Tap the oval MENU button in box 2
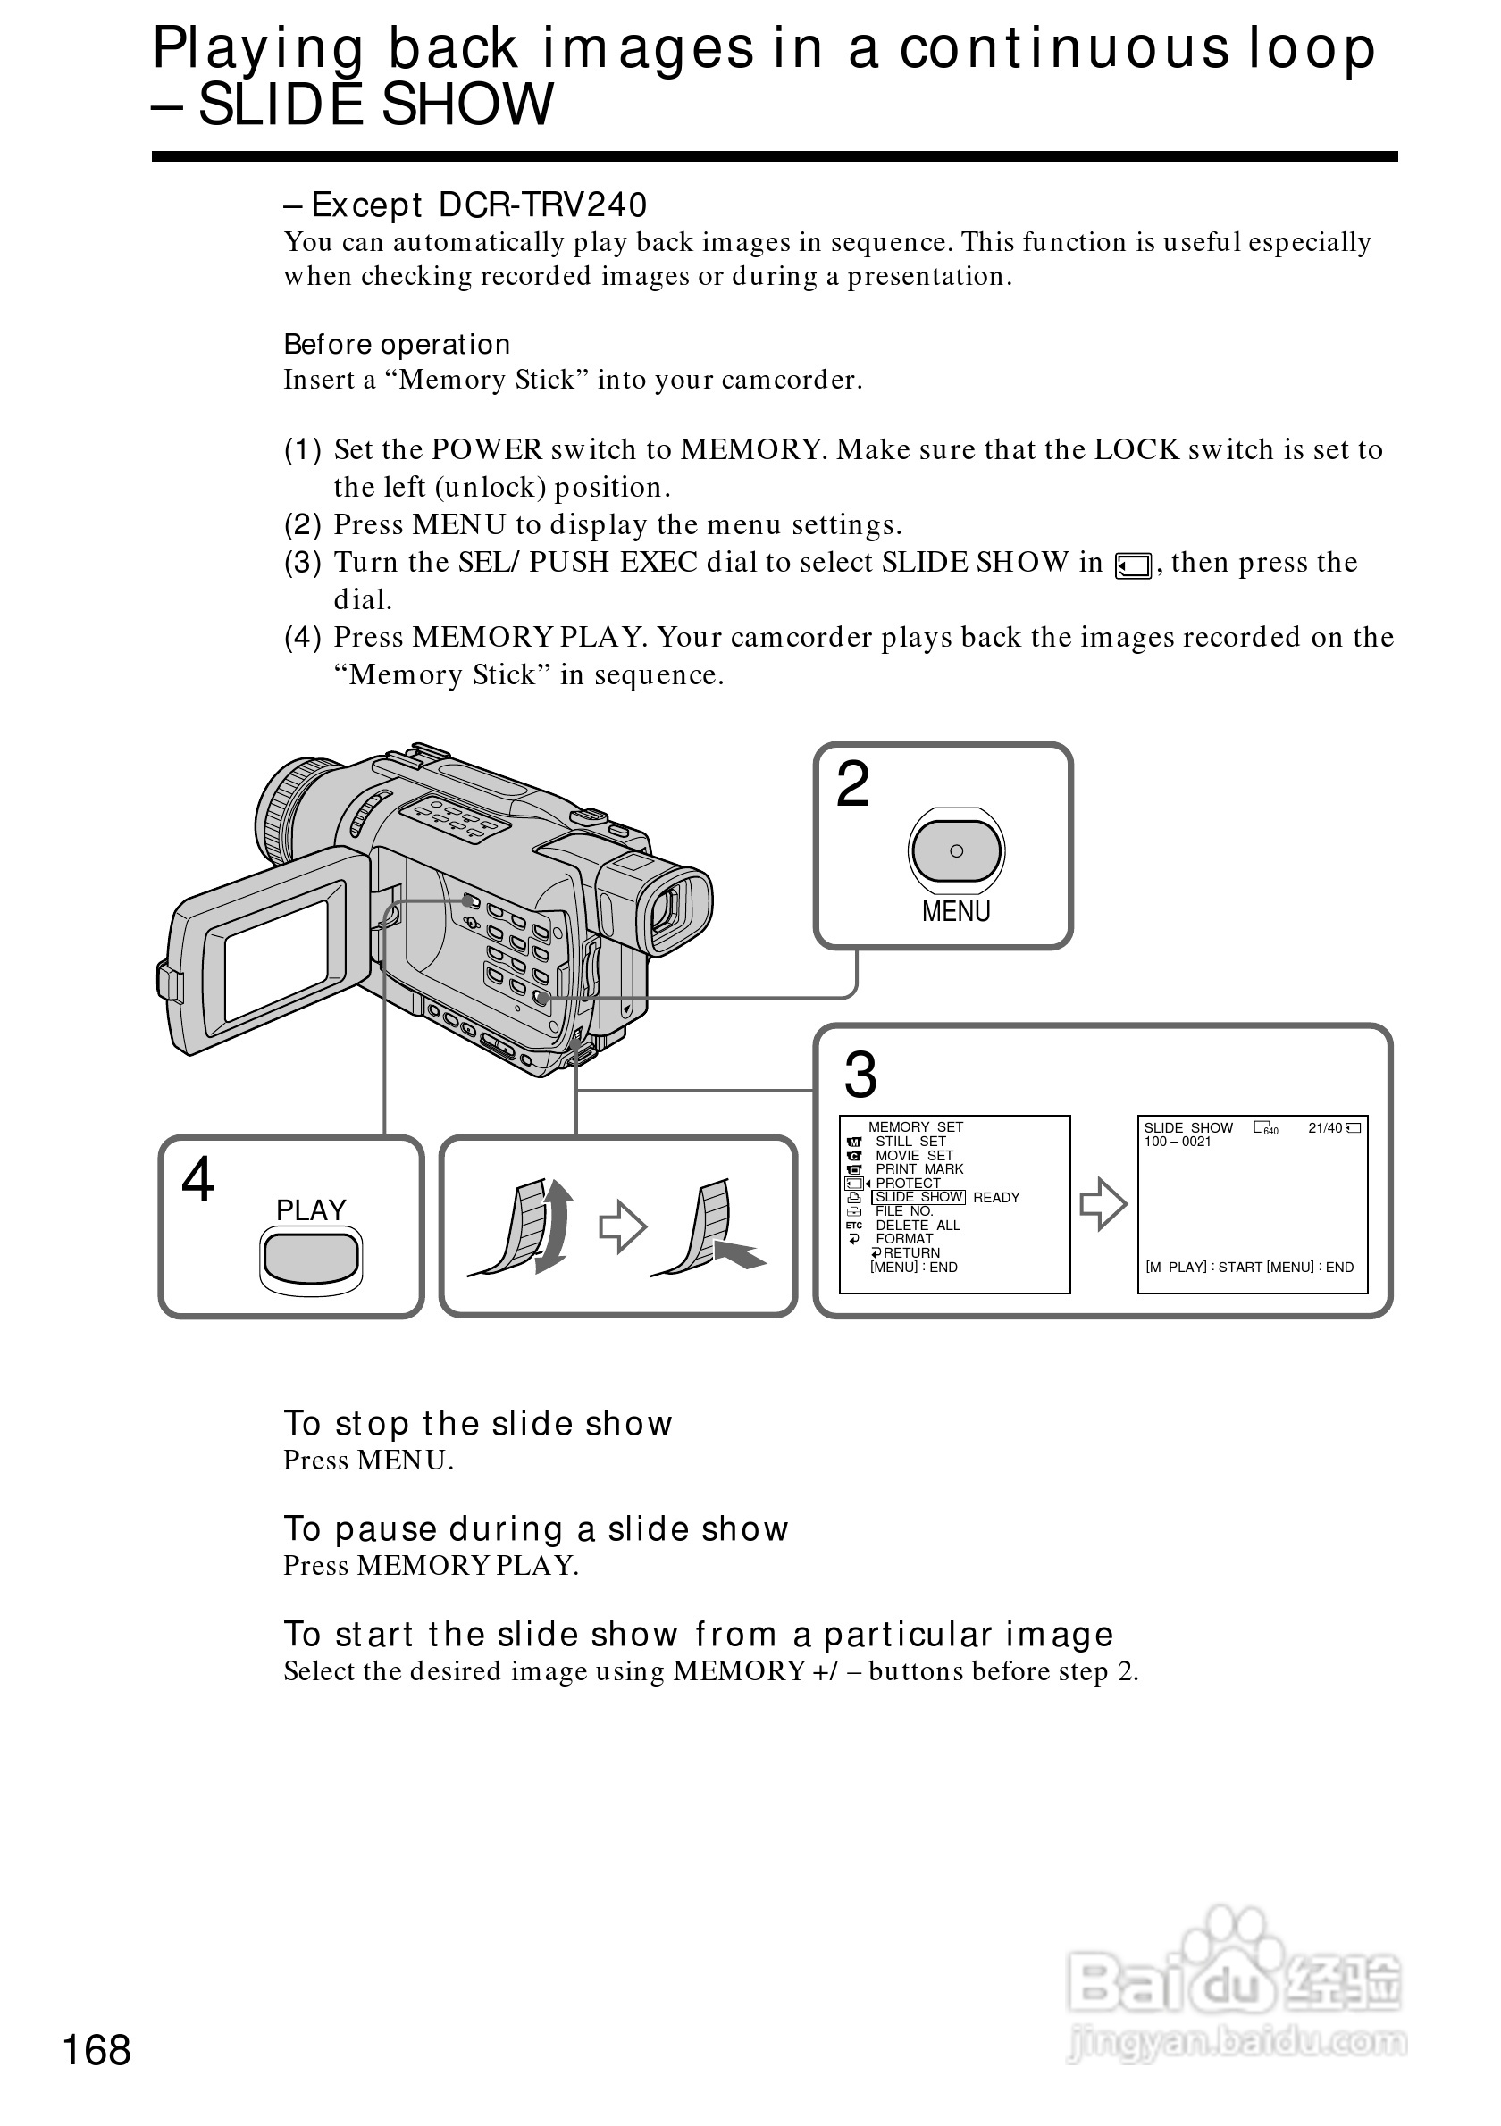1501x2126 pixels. pos(956,851)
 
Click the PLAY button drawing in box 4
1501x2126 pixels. pos(310,1258)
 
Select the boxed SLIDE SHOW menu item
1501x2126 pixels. pos(918,1197)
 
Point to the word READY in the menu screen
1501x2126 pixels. pos(996,1197)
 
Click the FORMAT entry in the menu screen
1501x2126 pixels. pos(904,1239)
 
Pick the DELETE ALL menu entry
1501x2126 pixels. pos(917,1225)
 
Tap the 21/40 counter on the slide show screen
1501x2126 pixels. pos(1324,1128)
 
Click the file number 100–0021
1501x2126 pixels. pos(1177,1142)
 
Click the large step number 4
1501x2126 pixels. pos(197,1180)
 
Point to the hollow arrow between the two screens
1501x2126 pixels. pos(1103,1204)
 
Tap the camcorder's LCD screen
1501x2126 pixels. pos(276,961)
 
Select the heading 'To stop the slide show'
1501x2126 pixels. pos(478,1423)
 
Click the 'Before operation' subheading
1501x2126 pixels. pos(397,345)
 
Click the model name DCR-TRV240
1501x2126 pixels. pos(542,205)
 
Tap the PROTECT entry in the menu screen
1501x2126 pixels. pos(908,1184)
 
